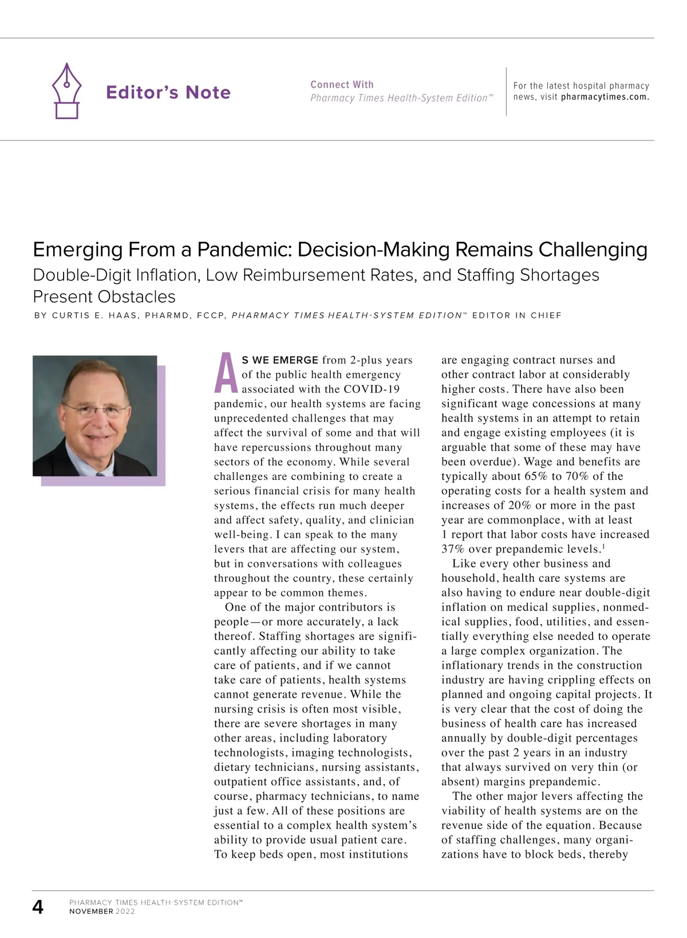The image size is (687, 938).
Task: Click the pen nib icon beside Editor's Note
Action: click(x=67, y=91)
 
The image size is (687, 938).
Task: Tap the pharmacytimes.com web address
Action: click(x=605, y=97)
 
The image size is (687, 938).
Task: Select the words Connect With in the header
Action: click(x=342, y=84)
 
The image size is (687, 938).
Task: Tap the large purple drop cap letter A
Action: click(x=226, y=373)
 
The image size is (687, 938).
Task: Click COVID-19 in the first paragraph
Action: click(x=372, y=389)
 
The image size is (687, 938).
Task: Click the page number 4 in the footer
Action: click(x=38, y=907)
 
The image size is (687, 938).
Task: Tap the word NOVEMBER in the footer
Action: click(x=91, y=911)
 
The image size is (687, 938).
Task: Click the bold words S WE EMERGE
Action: click(x=280, y=360)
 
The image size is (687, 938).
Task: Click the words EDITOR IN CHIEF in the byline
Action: click(x=517, y=316)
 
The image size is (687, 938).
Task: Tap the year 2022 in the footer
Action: click(x=125, y=911)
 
